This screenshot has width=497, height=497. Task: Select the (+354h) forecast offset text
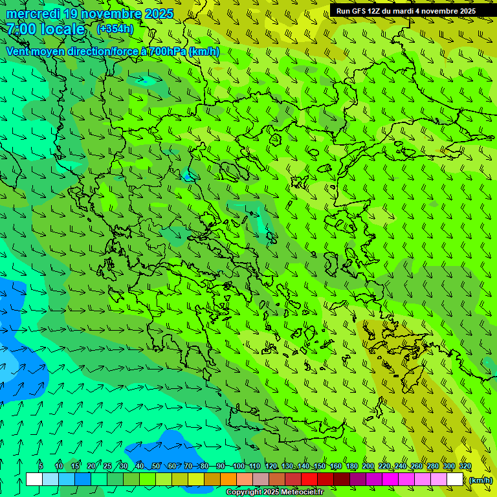pyautogui.click(x=115, y=28)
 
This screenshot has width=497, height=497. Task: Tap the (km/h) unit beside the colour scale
pyautogui.click(x=480, y=480)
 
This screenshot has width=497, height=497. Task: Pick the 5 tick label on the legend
pyautogui.click(x=41, y=467)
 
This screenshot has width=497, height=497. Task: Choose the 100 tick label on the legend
pyautogui.click(x=239, y=467)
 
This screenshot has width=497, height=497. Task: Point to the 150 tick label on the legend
pyautogui.click(x=320, y=467)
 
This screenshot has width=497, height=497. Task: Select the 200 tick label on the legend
pyautogui.click(x=368, y=467)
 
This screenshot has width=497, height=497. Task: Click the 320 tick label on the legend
pyautogui.click(x=465, y=467)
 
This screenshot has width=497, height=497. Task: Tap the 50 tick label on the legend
pyautogui.click(x=156, y=467)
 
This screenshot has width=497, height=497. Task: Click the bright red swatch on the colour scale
pyautogui.click(x=309, y=480)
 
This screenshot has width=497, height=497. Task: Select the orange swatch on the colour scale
pyautogui.click(x=228, y=480)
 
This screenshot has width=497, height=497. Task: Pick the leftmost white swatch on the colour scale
pyautogui.click(x=34, y=480)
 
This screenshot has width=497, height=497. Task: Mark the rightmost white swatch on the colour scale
pyautogui.click(x=455, y=480)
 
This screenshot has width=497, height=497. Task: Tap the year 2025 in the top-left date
pyautogui.click(x=159, y=14)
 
